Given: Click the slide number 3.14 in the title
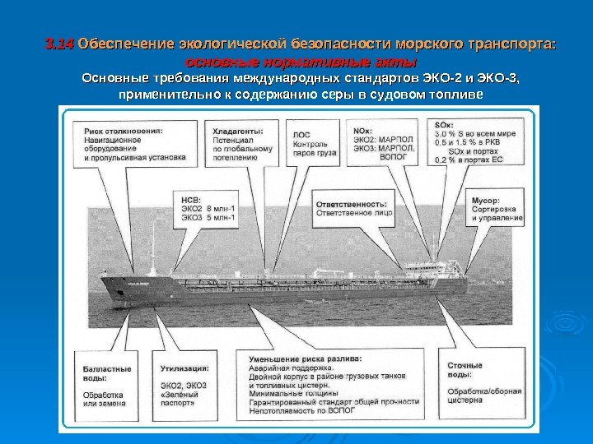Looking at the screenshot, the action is pyautogui.click(x=59, y=43).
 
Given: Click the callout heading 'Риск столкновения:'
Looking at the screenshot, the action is pyautogui.click(x=122, y=130).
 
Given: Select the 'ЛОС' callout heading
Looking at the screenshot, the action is pyautogui.click(x=301, y=134).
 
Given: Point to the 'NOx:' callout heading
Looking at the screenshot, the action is pyautogui.click(x=362, y=130).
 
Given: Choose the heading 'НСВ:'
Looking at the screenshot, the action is pyautogui.click(x=190, y=199).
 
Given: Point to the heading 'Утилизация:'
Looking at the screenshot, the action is pyautogui.click(x=183, y=368).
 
